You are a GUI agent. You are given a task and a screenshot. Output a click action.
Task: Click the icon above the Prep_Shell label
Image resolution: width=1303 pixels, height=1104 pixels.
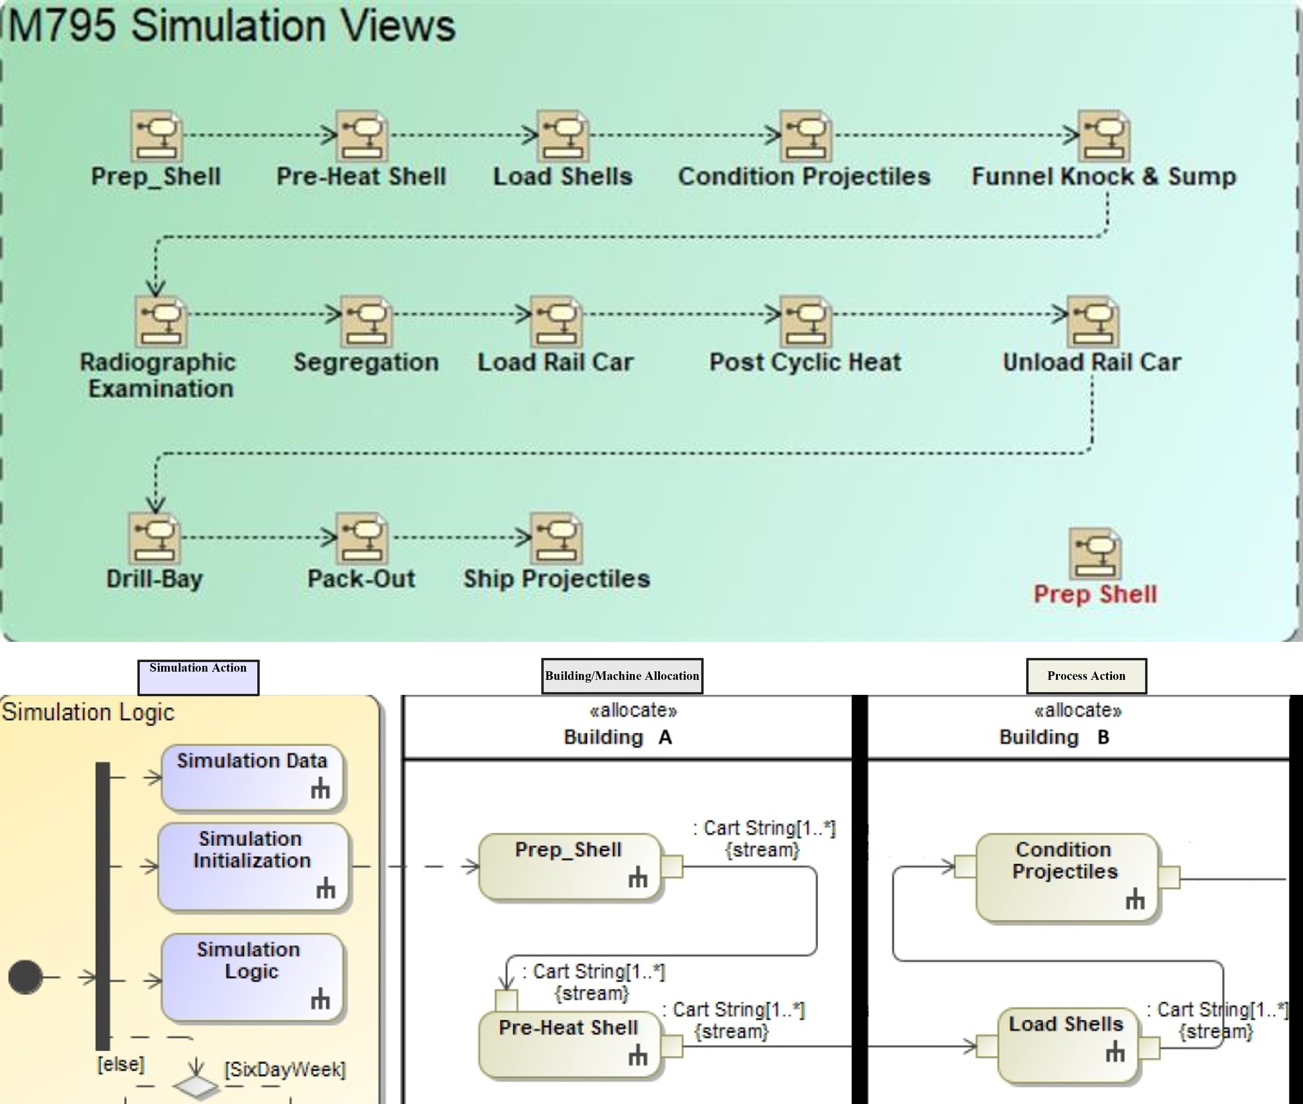(x=157, y=136)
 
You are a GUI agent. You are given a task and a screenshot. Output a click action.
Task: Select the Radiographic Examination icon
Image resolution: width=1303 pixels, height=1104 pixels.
(x=161, y=321)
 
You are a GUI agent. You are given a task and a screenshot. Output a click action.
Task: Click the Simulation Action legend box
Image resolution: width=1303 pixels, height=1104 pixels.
(x=199, y=677)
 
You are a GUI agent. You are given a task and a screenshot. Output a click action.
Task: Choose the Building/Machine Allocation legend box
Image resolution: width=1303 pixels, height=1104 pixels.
(x=622, y=676)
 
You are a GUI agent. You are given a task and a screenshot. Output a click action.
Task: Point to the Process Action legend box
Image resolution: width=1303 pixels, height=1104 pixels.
(x=1086, y=676)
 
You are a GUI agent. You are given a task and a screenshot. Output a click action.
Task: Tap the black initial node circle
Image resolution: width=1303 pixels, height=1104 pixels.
(x=26, y=977)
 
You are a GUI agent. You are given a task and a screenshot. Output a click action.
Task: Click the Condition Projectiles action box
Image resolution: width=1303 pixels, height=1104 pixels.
(x=1066, y=876)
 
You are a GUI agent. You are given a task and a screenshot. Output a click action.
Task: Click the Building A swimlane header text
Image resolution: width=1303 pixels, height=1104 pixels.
(x=618, y=737)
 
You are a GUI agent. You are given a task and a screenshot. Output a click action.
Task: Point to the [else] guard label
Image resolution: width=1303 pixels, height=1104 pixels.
(x=121, y=1064)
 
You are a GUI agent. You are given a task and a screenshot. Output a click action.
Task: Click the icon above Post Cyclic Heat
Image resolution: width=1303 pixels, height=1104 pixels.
(x=806, y=321)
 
